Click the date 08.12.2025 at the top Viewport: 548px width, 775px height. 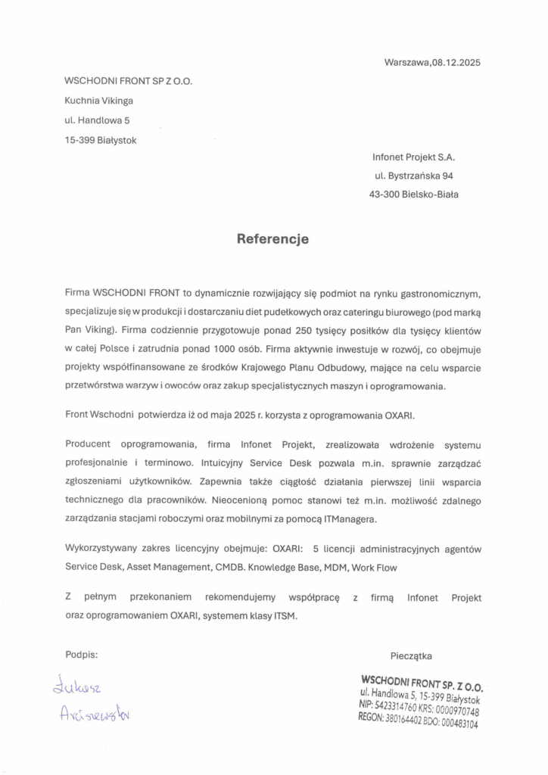(x=456, y=63)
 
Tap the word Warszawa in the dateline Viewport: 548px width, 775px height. (x=407, y=63)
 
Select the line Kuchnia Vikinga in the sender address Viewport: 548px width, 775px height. (x=99, y=100)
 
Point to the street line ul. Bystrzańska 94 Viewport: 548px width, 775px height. (x=415, y=176)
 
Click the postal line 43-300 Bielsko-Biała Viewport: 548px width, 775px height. (x=413, y=195)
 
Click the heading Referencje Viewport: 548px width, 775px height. (x=273, y=239)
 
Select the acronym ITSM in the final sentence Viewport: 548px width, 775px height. (x=283, y=615)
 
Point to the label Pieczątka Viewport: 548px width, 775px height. (x=412, y=656)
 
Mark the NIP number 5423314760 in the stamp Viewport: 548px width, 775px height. (x=394, y=705)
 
